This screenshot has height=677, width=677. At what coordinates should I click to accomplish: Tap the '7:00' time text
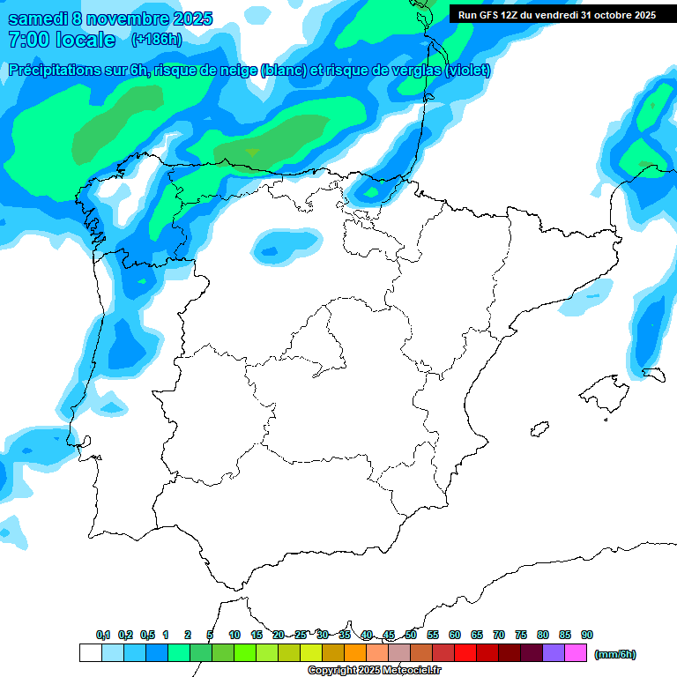27,40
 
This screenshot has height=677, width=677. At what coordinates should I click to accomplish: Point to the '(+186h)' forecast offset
156,40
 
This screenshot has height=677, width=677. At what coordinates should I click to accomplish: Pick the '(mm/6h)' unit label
614,654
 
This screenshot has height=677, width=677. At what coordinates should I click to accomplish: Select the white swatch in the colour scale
90,653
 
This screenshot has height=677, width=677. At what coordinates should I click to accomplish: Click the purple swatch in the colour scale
554,653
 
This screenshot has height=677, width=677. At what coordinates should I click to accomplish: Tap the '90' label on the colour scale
587,635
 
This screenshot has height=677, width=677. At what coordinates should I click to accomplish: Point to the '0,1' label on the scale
102,635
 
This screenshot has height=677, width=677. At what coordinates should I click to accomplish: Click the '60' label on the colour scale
455,635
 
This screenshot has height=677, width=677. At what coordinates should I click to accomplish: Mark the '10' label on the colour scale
234,635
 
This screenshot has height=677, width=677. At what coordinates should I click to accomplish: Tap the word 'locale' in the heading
86,40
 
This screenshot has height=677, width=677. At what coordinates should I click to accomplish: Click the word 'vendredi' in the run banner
552,14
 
